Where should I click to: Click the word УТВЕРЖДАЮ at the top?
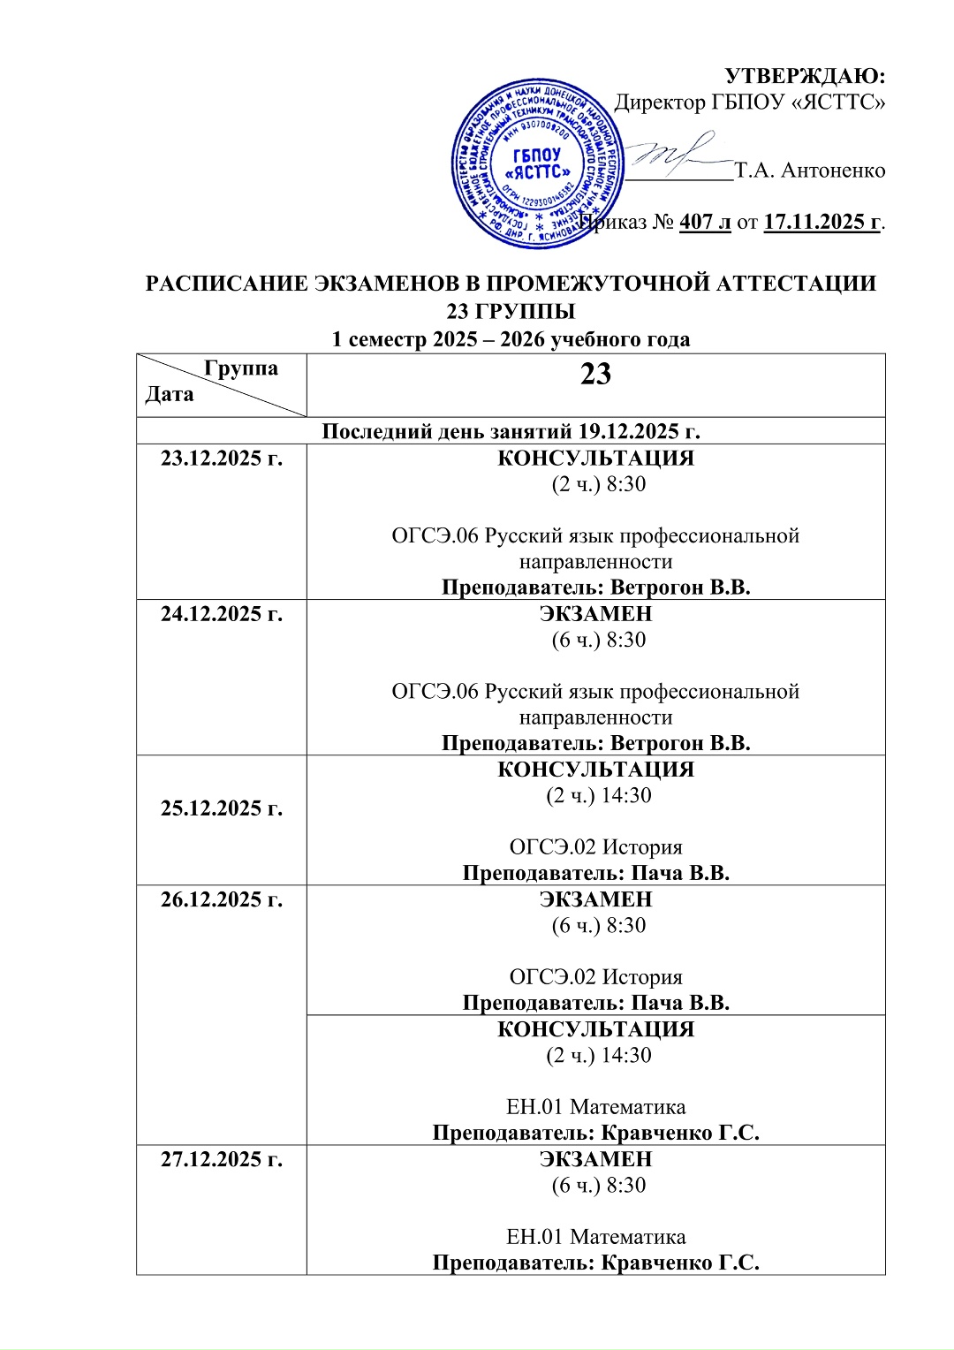pos(804,76)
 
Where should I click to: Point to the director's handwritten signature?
pos(676,154)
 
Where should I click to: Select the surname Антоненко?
pos(833,171)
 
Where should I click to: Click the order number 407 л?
pos(705,222)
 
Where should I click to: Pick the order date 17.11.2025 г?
pos(822,222)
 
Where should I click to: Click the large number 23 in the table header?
pos(595,375)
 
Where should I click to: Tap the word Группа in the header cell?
pos(241,368)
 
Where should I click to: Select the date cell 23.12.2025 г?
pos(222,459)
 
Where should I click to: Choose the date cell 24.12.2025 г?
pos(222,614)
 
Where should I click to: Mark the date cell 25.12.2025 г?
pos(222,808)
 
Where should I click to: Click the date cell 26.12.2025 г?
pos(222,899)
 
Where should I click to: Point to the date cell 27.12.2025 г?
pos(222,1159)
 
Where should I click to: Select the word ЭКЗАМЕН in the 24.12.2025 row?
pos(595,614)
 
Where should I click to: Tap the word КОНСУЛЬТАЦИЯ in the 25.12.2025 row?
pos(595,770)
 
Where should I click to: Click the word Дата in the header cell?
pos(170,394)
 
